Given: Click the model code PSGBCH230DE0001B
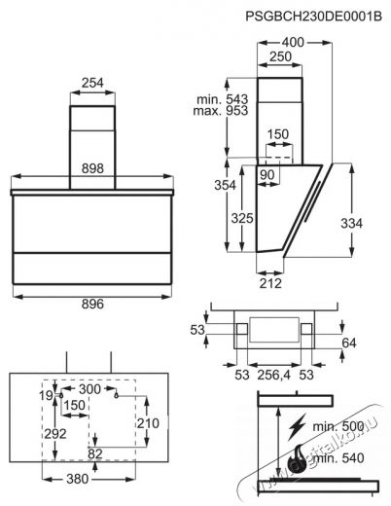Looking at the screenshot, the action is tap(313, 16).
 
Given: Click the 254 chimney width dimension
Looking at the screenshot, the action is tap(92, 83).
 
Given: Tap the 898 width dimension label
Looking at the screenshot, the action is tap(92, 168).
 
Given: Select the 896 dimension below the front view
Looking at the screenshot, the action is tap(92, 304).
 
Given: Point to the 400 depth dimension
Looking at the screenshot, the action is tap(293, 42).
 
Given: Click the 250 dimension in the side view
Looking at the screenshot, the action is tap(280, 56).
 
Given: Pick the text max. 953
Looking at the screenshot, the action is tap(221, 111).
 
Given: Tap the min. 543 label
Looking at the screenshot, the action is tap(223, 99).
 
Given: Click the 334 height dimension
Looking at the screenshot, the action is tap(352, 223).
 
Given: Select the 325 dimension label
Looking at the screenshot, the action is tap(242, 218).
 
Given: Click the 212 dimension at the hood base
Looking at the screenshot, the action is tap(270, 283).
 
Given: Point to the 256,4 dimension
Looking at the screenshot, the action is tap(274, 375).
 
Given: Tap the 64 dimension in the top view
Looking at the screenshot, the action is tap(349, 343).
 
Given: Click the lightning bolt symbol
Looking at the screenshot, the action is tap(297, 426).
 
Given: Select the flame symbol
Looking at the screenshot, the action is tap(296, 456).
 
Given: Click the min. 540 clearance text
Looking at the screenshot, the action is tap(338, 458).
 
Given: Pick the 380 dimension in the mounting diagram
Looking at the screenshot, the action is tap(77, 479).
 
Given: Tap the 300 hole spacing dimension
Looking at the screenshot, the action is tap(89, 389).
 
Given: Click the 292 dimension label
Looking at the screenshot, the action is tap(55, 434).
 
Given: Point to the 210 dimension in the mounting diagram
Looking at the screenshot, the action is tap(148, 423).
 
